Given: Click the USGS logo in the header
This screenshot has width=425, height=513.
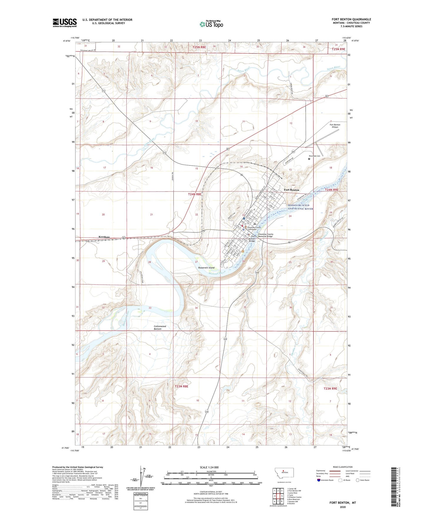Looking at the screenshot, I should (x=65, y=23).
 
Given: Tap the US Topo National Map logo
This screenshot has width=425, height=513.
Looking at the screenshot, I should (x=211, y=24).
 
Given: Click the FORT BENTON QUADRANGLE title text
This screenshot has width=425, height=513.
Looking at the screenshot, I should (x=351, y=19).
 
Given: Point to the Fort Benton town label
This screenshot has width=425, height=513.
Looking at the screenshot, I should (x=291, y=190).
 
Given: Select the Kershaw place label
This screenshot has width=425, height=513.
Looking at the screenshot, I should (x=104, y=237).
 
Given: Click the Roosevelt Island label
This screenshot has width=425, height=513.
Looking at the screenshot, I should (x=206, y=268).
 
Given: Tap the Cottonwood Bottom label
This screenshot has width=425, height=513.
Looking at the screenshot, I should (x=160, y=328).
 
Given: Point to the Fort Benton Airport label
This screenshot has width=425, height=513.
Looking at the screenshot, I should (x=335, y=126).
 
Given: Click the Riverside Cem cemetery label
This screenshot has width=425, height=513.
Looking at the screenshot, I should (x=314, y=156).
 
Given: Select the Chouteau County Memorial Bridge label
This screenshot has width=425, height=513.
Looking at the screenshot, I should (x=265, y=235).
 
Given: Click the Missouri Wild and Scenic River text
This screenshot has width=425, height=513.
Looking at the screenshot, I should (x=300, y=207).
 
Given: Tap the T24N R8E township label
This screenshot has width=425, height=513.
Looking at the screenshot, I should (x=195, y=194).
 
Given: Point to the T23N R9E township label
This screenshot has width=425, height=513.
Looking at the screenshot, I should (x=330, y=388).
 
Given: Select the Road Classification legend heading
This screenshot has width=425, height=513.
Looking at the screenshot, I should (x=343, y=467).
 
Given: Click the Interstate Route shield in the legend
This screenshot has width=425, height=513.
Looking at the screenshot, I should (x=319, y=480).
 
